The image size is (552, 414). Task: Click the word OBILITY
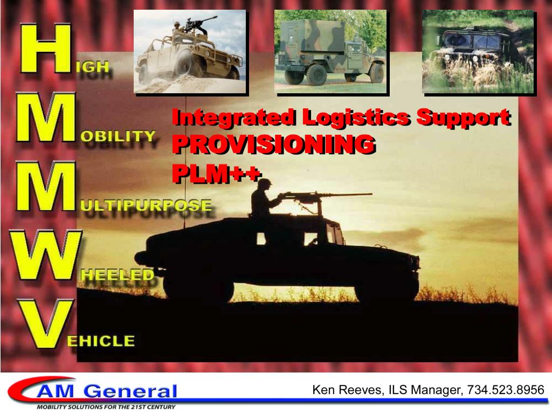coord(118,136)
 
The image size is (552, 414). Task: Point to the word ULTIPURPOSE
coord(146,205)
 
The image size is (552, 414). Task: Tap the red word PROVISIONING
coord(273,144)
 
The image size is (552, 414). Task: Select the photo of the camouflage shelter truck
coord(330,52)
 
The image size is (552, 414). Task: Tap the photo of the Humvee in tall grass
coord(478,52)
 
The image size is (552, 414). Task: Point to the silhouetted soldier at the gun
coord(264,205)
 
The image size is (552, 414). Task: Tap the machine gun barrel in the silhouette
coord(345,195)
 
